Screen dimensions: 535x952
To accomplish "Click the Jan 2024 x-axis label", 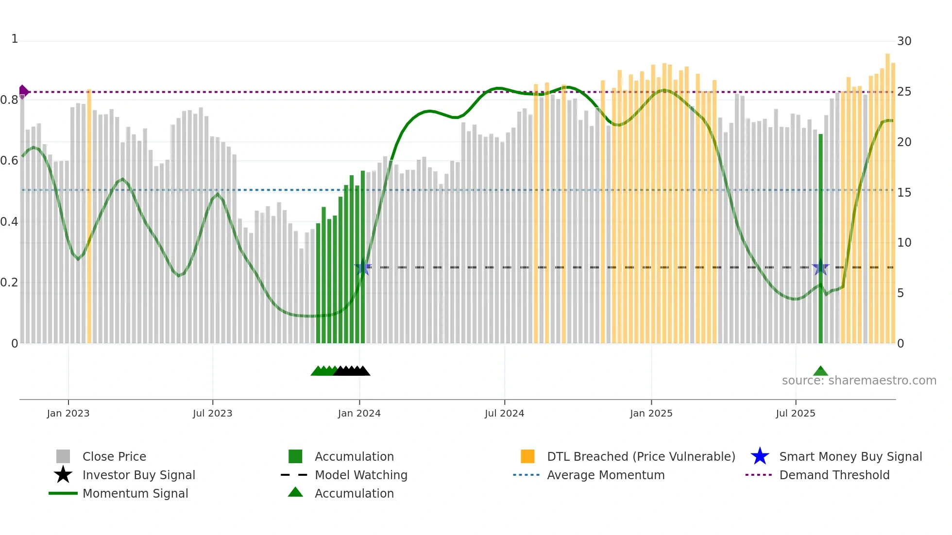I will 359,413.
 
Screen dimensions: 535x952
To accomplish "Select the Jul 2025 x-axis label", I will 795,413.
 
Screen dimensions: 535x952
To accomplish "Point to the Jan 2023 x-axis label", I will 68,413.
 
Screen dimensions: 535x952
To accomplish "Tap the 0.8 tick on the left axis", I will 9,100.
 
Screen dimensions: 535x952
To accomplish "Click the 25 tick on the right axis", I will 904,92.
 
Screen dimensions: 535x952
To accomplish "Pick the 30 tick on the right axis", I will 904,41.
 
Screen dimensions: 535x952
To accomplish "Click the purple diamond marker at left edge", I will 23,91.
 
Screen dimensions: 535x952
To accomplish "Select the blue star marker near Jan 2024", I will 363,267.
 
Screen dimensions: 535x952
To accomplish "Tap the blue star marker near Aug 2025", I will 820,267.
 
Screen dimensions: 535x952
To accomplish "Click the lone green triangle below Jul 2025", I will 820,371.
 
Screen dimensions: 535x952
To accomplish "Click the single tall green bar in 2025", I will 820,238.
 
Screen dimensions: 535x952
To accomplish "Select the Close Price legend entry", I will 114,456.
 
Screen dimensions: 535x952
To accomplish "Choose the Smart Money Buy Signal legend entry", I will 850,456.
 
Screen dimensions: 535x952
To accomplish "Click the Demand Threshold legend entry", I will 834,475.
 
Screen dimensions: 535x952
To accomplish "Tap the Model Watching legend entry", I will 360,475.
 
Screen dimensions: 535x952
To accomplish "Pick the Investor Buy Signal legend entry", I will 138,475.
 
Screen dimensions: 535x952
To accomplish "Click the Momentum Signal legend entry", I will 135,493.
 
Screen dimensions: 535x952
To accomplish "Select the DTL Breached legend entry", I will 641,456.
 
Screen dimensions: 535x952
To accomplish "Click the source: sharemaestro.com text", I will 859,381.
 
